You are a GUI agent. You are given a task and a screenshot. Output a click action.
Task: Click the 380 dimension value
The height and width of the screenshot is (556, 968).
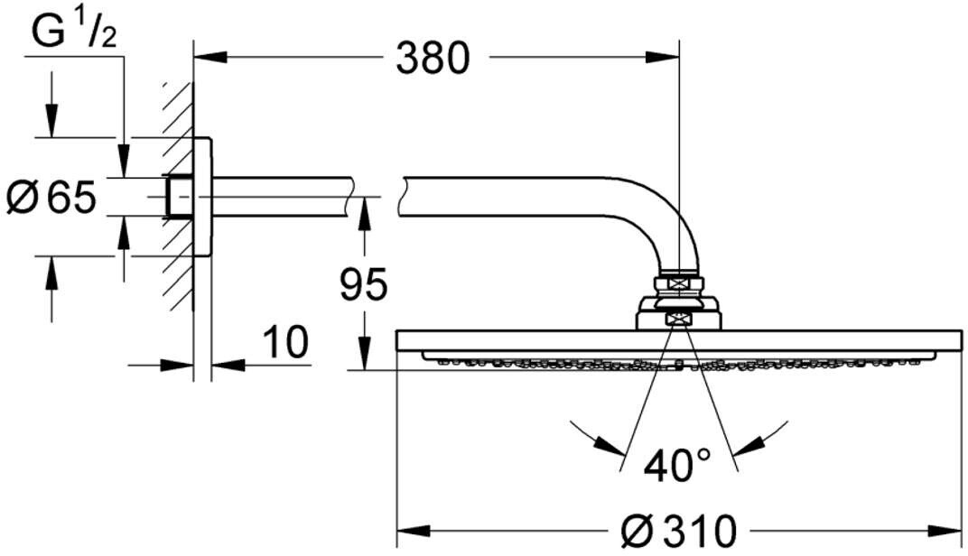point(434,59)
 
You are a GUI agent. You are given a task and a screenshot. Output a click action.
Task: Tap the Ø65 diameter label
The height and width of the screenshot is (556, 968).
point(51,197)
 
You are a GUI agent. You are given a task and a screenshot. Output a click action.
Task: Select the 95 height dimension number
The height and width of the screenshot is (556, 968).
point(362,284)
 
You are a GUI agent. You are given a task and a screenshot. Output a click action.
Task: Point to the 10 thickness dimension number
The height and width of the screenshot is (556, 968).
point(285,342)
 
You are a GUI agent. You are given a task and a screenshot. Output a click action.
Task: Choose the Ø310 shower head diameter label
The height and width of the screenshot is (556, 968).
point(680,530)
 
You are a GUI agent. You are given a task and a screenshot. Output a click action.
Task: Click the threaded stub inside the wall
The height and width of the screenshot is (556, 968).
point(178,197)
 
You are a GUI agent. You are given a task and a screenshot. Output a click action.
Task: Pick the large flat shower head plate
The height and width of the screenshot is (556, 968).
point(679,342)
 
